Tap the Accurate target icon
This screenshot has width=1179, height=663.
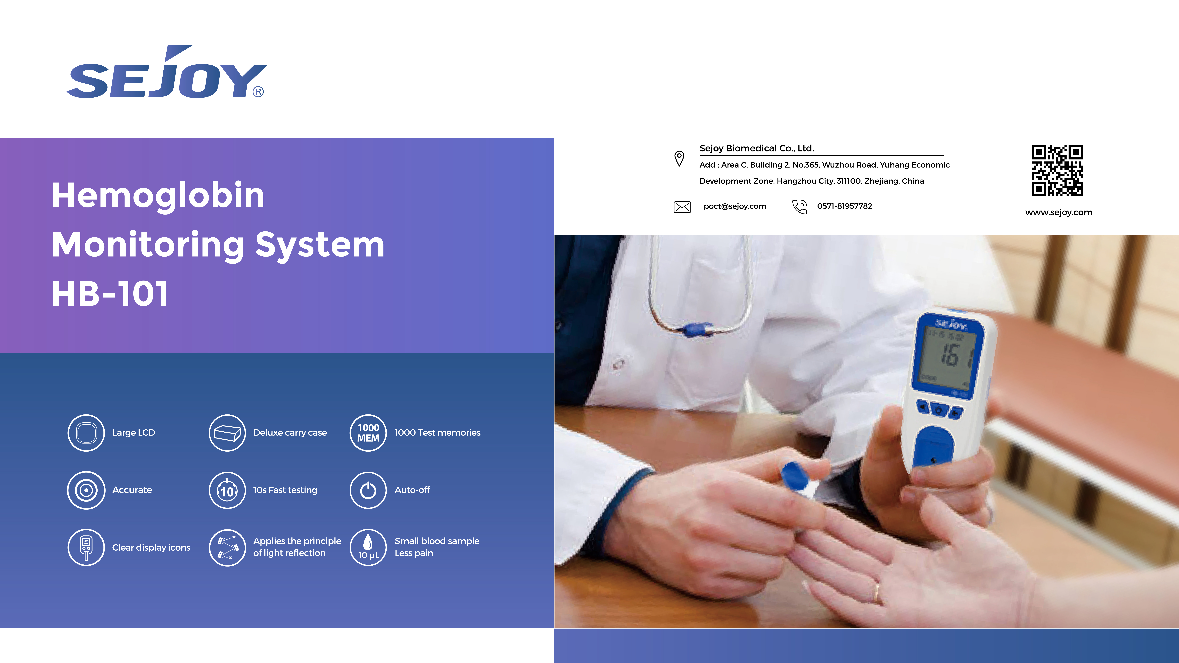pyautogui.click(x=86, y=490)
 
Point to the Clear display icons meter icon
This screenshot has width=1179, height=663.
pyautogui.click(x=86, y=547)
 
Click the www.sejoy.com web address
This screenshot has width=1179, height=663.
pyautogui.click(x=1059, y=212)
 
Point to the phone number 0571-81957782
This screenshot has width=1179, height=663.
pyautogui.click(x=844, y=206)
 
